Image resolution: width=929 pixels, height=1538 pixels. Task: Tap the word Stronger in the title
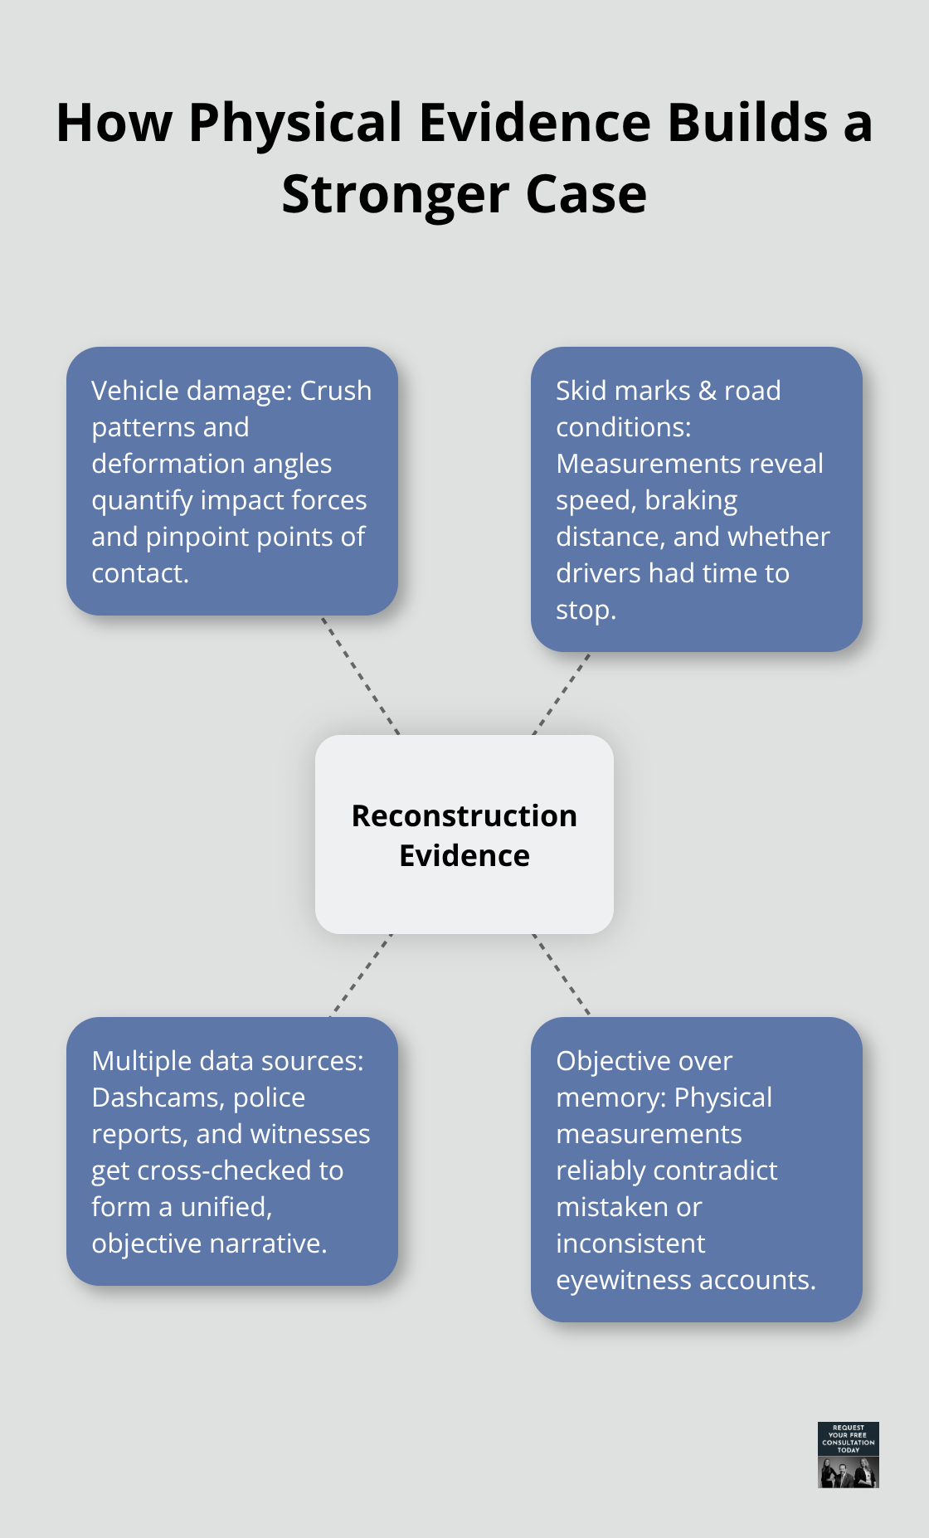point(396,196)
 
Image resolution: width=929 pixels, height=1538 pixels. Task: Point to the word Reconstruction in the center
point(464,816)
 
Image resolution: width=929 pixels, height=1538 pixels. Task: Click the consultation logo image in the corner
point(848,1455)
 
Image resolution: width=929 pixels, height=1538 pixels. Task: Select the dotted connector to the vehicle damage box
point(361,675)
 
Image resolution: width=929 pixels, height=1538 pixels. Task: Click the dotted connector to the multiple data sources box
point(361,976)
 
